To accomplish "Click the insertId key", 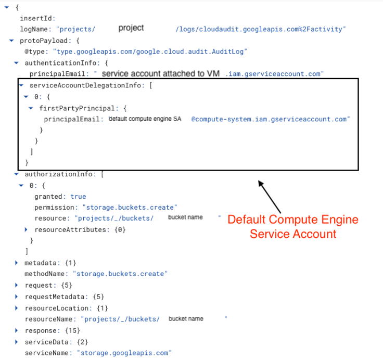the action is pos(37,18).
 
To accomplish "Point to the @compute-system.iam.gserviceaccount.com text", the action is pos(271,119).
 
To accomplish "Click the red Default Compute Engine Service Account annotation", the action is pos(293,226).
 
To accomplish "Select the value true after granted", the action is pos(78,197).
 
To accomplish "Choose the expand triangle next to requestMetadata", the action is pos(17,297).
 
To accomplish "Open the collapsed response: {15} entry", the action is pos(17,330).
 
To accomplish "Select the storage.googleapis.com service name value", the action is pos(124,353).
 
